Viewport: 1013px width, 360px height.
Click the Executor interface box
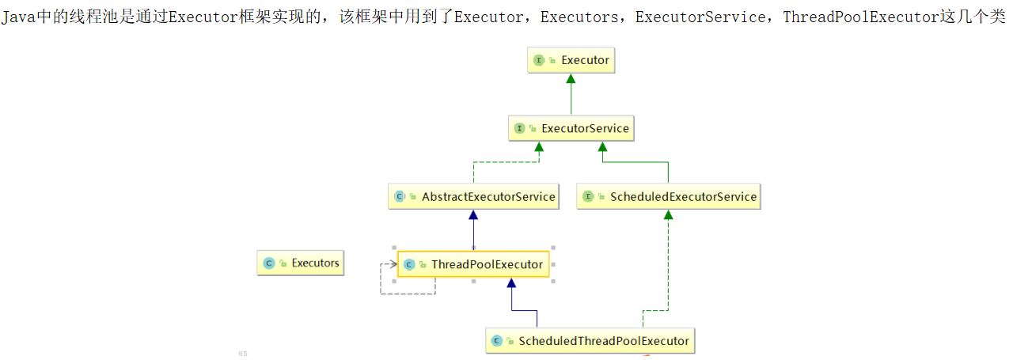pyautogui.click(x=570, y=60)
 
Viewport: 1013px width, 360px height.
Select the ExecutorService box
pyautogui.click(x=571, y=128)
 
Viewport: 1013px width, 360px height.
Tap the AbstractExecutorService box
pyautogui.click(x=473, y=196)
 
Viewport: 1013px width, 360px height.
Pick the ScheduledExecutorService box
pyautogui.click(x=668, y=196)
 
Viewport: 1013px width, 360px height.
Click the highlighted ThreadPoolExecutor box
pyautogui.click(x=473, y=264)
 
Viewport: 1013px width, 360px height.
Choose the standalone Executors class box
pyautogui.click(x=301, y=263)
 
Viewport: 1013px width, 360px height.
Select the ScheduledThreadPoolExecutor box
pyautogui.click(x=590, y=341)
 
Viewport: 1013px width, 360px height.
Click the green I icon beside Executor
pyautogui.click(x=539, y=60)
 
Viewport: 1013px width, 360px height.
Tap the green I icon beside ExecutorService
pyautogui.click(x=520, y=128)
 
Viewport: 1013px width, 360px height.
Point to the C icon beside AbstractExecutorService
pyautogui.click(x=400, y=196)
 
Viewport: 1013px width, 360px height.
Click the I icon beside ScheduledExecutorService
pyautogui.click(x=588, y=196)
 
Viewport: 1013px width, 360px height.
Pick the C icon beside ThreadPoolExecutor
pyautogui.click(x=409, y=264)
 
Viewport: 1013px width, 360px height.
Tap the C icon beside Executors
pyautogui.click(x=269, y=263)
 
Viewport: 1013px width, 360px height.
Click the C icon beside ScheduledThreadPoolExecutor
pyautogui.click(x=496, y=341)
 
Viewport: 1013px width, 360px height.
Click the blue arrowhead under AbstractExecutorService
pyautogui.click(x=473, y=214)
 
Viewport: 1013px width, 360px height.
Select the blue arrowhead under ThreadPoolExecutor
pyautogui.click(x=511, y=282)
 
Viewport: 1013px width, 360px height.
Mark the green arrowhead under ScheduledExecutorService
pyautogui.click(x=668, y=214)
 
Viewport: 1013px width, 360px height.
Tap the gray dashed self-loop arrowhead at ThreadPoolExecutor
pyautogui.click(x=393, y=263)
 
